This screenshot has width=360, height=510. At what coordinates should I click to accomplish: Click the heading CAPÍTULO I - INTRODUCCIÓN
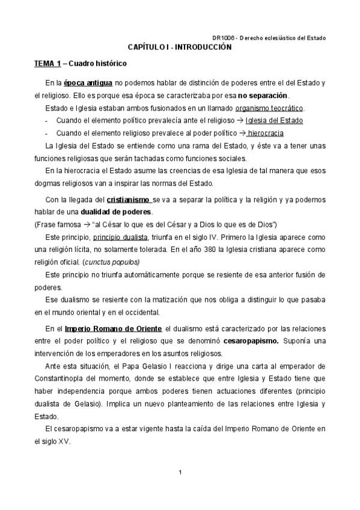coord(180,46)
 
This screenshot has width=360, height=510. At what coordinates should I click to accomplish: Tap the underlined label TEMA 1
coord(47,64)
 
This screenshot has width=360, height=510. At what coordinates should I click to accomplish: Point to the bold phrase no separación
coord(263,96)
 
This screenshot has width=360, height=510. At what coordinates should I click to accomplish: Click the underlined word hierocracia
coord(266,133)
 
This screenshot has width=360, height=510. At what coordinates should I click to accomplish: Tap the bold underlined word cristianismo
coord(129,183)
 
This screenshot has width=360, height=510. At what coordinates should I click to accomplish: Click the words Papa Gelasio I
coord(132,366)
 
